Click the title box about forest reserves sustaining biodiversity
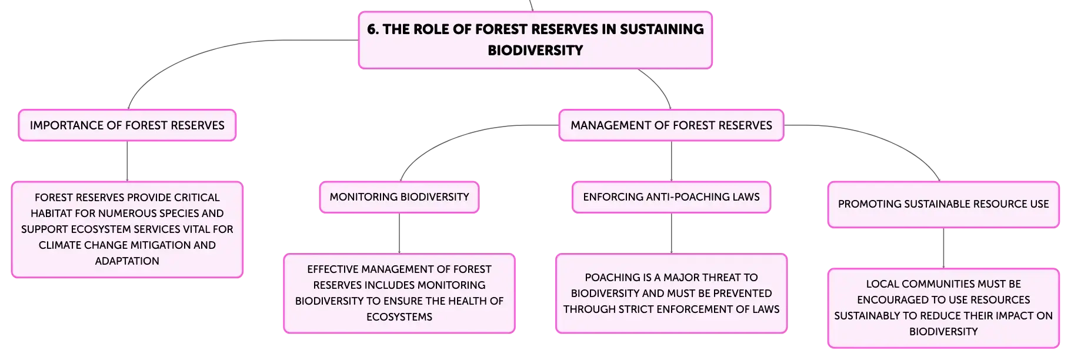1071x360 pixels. click(x=535, y=40)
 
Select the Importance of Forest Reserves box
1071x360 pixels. click(x=127, y=125)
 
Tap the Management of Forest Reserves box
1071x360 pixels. click(x=671, y=125)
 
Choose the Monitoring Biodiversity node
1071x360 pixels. click(x=399, y=197)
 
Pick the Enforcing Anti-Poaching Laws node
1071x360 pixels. click(x=671, y=197)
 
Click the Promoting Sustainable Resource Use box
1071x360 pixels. click(x=943, y=204)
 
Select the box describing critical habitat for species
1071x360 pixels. click(x=127, y=229)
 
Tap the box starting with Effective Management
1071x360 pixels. click(x=399, y=294)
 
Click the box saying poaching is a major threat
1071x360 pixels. click(x=671, y=294)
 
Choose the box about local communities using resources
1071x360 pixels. click(x=943, y=308)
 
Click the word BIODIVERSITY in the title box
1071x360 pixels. click(x=535, y=51)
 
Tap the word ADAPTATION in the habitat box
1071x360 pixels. click(x=127, y=261)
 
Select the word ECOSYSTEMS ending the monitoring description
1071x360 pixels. click(x=399, y=317)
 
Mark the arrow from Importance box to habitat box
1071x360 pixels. click(x=127, y=161)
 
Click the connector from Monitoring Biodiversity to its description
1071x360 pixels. click(x=399, y=233)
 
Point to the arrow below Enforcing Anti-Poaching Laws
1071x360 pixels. click(x=671, y=233)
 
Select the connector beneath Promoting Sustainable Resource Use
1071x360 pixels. click(x=943, y=248)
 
